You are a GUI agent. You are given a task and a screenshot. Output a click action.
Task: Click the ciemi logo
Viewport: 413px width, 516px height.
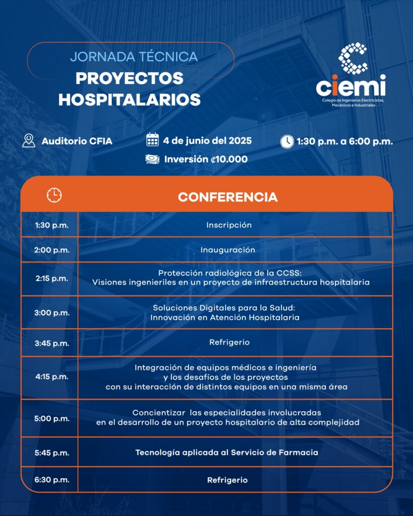click(351, 74)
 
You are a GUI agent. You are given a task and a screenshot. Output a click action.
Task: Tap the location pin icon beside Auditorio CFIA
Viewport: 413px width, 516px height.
click(29, 141)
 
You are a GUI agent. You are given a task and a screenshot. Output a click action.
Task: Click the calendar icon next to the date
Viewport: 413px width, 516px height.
click(152, 140)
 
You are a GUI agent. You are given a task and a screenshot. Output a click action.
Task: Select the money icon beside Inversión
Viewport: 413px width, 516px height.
click(152, 159)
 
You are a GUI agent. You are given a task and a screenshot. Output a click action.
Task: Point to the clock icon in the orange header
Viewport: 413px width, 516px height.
click(54, 195)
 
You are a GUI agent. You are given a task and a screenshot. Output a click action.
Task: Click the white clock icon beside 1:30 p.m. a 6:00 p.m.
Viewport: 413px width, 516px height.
click(287, 142)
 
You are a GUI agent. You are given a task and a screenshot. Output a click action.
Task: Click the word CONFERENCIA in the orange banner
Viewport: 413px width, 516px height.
click(228, 197)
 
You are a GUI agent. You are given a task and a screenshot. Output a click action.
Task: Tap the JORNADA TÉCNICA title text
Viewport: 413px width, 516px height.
click(134, 56)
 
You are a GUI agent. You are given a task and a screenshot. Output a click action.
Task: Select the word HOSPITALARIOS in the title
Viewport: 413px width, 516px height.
click(130, 100)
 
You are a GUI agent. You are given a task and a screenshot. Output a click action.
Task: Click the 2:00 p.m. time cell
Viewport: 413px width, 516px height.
click(52, 250)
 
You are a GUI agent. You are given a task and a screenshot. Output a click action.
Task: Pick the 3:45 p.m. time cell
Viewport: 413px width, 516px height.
click(52, 343)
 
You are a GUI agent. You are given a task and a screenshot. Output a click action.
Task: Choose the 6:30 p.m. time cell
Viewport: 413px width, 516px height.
click(52, 480)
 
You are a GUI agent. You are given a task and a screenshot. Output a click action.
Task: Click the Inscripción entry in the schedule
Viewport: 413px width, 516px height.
click(229, 225)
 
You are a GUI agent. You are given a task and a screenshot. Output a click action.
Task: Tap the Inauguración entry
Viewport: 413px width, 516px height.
click(228, 250)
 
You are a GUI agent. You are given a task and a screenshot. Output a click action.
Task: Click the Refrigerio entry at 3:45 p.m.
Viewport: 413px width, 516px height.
click(229, 342)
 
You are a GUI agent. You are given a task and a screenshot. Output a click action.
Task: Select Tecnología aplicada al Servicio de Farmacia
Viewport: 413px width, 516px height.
click(227, 453)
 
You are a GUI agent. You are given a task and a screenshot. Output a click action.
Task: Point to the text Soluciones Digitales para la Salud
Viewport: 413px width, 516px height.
click(224, 308)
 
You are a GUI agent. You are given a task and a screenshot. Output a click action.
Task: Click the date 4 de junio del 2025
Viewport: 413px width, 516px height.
click(207, 141)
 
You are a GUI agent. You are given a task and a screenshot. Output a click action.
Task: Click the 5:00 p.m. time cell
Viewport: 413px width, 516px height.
click(52, 419)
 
